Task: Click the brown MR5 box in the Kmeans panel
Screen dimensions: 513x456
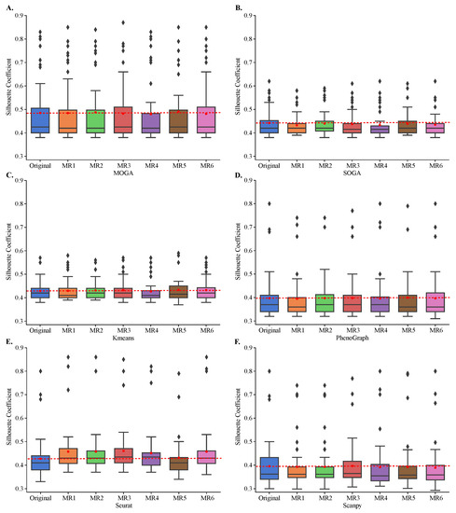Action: (171, 292)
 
